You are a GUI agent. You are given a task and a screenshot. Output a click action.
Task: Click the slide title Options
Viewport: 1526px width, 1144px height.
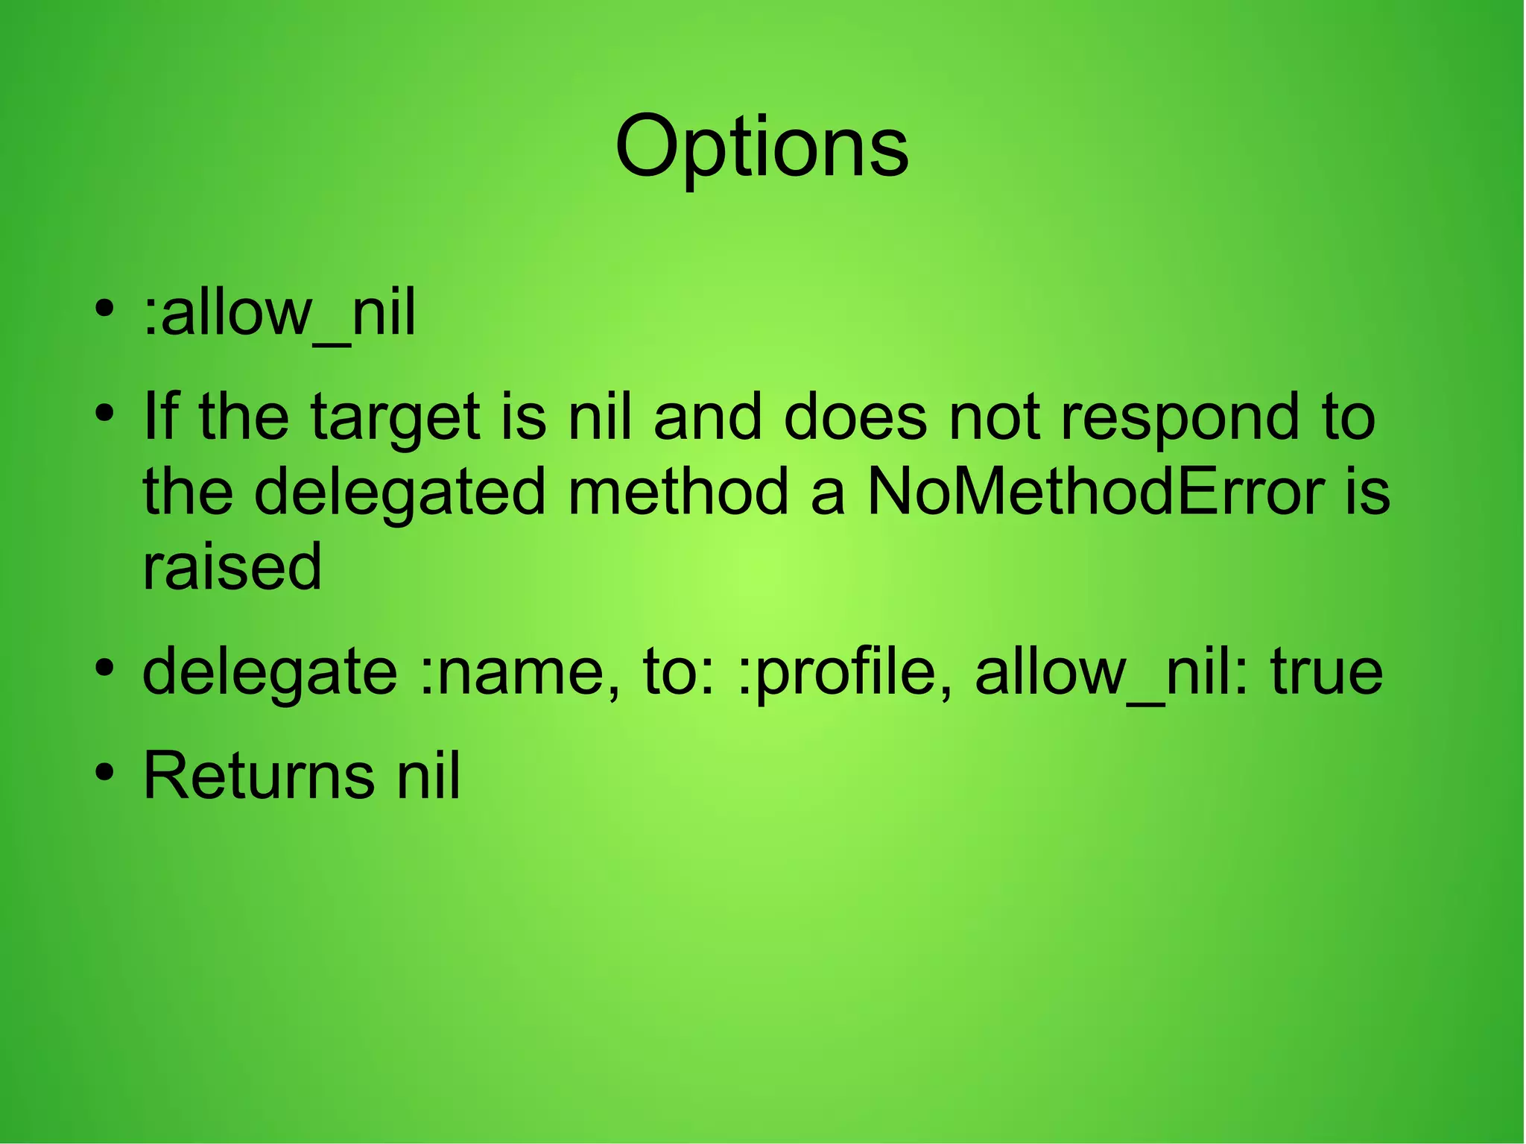(x=761, y=147)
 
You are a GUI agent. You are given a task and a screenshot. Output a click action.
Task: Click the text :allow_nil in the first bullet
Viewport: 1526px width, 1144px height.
(x=279, y=313)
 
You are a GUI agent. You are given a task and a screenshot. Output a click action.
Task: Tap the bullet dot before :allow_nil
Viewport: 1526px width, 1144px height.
(x=104, y=307)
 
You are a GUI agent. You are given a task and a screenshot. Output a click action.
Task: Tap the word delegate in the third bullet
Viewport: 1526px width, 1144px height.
(x=270, y=672)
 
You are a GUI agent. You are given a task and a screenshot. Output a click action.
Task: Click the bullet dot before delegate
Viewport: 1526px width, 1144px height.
(x=104, y=666)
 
